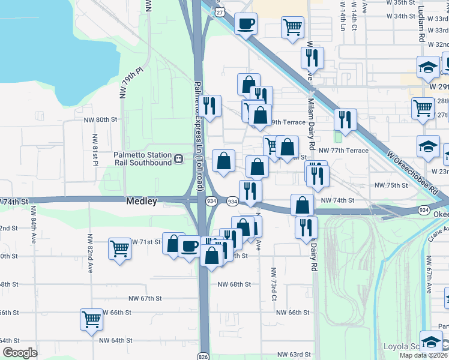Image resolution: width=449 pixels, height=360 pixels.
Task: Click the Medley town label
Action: [x=142, y=202]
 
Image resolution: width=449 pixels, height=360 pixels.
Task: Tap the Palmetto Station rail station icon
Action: [x=179, y=159]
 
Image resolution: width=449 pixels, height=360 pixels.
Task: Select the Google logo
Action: [x=20, y=353]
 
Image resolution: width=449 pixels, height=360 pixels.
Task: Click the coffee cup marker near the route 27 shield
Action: [x=245, y=25]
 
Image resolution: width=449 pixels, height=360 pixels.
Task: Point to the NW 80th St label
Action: [x=100, y=119]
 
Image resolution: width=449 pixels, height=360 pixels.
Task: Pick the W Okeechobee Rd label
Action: [x=414, y=172]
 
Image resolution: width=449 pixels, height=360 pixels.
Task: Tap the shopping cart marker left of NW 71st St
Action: [x=119, y=248]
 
